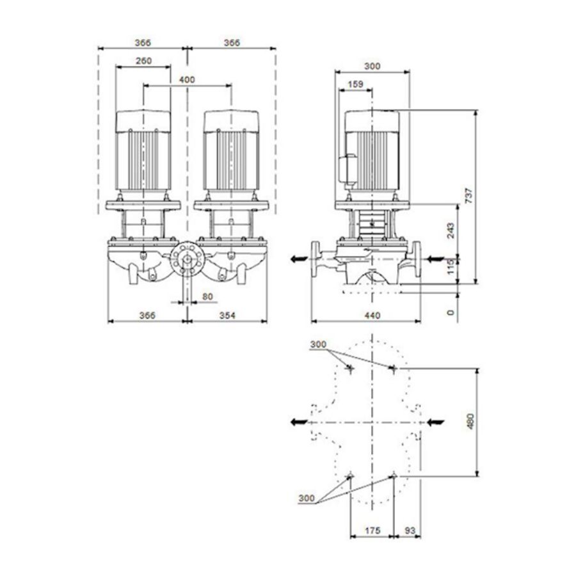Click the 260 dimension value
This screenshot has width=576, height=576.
click(143, 61)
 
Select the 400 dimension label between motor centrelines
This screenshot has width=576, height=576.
click(187, 80)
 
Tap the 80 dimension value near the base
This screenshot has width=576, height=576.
click(207, 296)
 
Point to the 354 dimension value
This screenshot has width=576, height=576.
click(227, 315)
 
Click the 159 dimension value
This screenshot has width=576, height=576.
click(355, 84)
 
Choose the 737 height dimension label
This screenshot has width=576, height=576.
click(469, 195)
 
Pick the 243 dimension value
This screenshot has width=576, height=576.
click(451, 230)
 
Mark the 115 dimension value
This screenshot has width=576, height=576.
click(451, 266)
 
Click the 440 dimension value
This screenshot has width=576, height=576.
click(373, 315)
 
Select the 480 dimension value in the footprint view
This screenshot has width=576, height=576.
click(470, 422)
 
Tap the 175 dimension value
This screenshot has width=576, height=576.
click(372, 531)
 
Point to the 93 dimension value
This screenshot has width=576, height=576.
click(410, 531)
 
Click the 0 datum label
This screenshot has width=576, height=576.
click(451, 312)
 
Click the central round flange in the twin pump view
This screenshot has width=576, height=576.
click(188, 259)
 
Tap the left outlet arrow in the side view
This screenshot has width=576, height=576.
click(299, 259)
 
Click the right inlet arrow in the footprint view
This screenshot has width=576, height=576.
click(435, 422)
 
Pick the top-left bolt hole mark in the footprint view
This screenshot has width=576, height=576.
click(351, 368)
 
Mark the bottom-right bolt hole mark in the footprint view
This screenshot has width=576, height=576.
click(394, 476)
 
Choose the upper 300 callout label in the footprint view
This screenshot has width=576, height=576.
click(318, 344)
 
